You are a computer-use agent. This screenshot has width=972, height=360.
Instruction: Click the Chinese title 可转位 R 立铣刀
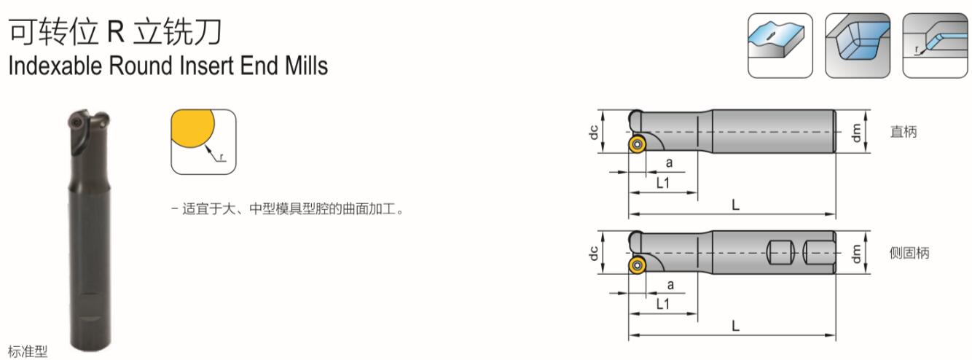tap(115, 31)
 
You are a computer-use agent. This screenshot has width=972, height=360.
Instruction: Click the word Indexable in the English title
tap(55, 66)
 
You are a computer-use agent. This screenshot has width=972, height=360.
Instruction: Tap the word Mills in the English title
tap(306, 66)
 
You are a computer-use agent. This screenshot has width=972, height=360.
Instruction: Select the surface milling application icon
tap(780, 45)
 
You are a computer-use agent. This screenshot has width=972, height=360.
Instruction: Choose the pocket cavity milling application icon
tap(858, 45)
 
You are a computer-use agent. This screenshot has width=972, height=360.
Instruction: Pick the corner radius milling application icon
tap(935, 45)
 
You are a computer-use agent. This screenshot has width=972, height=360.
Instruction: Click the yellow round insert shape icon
tap(203, 141)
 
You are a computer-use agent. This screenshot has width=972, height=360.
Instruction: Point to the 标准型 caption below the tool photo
tap(28, 351)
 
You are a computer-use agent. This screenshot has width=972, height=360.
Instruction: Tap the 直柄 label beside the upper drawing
tap(904, 131)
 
